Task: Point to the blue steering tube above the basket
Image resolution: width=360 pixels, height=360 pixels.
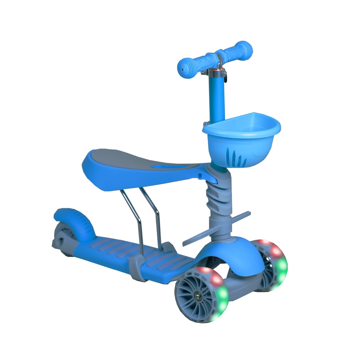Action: click(x=217, y=98)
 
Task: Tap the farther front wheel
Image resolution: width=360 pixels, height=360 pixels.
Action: click(x=272, y=264)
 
